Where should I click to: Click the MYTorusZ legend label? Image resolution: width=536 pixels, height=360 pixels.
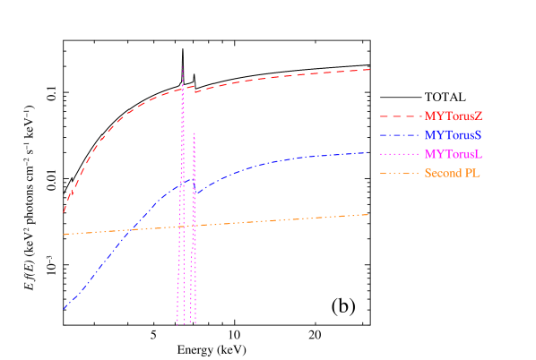[454, 116]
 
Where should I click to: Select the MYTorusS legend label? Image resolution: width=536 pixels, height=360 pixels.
[454, 134]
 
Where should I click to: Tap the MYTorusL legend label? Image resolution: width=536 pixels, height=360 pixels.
[454, 154]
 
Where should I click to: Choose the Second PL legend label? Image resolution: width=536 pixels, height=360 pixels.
[453, 173]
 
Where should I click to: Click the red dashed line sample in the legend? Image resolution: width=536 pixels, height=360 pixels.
[400, 116]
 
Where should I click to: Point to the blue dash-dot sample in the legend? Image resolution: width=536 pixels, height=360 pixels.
[400, 135]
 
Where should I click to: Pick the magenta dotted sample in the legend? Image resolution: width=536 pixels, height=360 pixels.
[400, 154]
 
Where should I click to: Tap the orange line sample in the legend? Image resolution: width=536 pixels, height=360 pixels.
[400, 173]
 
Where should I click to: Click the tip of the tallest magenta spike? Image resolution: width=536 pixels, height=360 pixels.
[183, 66]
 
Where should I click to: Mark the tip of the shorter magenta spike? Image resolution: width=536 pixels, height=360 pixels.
[194, 133]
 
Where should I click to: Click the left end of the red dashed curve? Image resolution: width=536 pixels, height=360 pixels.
[64, 212]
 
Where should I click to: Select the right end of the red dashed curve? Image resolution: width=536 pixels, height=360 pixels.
[369, 69]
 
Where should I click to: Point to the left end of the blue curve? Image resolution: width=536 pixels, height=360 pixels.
[64, 309]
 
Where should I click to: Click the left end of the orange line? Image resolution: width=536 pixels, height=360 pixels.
[64, 234]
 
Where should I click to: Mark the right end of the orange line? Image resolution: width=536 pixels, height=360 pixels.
[369, 214]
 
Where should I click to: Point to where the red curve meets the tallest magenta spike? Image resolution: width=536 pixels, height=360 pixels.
[183, 90]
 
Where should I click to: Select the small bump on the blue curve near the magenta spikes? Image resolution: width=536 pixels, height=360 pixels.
[192, 180]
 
